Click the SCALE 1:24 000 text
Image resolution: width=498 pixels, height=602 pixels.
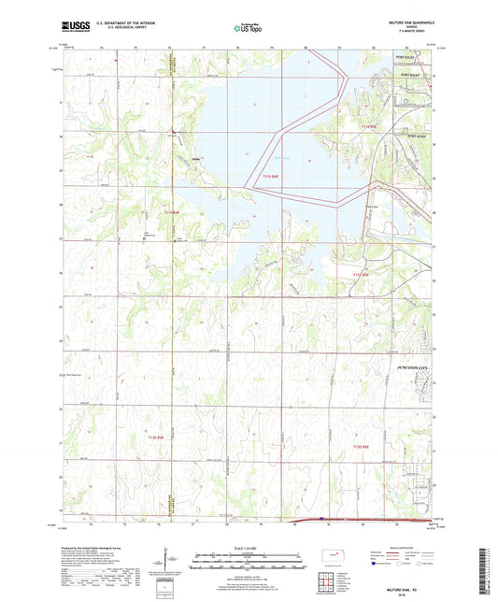249,547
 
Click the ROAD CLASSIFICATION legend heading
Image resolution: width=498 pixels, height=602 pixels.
403,548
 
